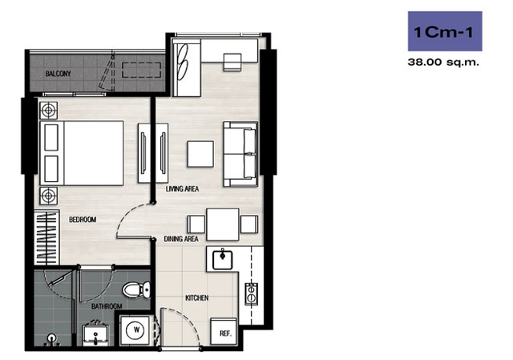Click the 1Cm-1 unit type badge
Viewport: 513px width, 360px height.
pos(445,31)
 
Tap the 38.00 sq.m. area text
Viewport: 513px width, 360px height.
pos(443,62)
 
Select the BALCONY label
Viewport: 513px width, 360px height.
pos(58,74)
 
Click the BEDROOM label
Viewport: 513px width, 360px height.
pos(83,219)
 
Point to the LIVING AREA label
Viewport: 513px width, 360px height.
pos(182,189)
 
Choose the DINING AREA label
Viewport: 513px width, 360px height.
pos(181,239)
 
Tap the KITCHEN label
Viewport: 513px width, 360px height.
pos(197,297)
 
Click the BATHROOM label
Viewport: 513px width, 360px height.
pos(107,306)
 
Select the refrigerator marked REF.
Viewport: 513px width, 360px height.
pos(224,331)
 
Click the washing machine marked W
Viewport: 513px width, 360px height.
pos(136,330)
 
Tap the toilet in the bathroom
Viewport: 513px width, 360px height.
pos(136,289)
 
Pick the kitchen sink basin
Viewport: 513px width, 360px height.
pos(223,260)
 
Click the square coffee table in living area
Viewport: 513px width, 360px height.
pos(200,154)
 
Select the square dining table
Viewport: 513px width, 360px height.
pos(223,224)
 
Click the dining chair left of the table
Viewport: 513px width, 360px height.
pos(196,224)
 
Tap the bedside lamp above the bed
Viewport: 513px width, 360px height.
pos(49,111)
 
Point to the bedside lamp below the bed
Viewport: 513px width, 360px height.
pos(49,196)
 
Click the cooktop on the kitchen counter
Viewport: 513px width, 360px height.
pos(251,294)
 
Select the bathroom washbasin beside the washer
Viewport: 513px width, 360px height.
pos(95,334)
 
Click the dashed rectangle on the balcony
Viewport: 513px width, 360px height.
pos(141,70)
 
